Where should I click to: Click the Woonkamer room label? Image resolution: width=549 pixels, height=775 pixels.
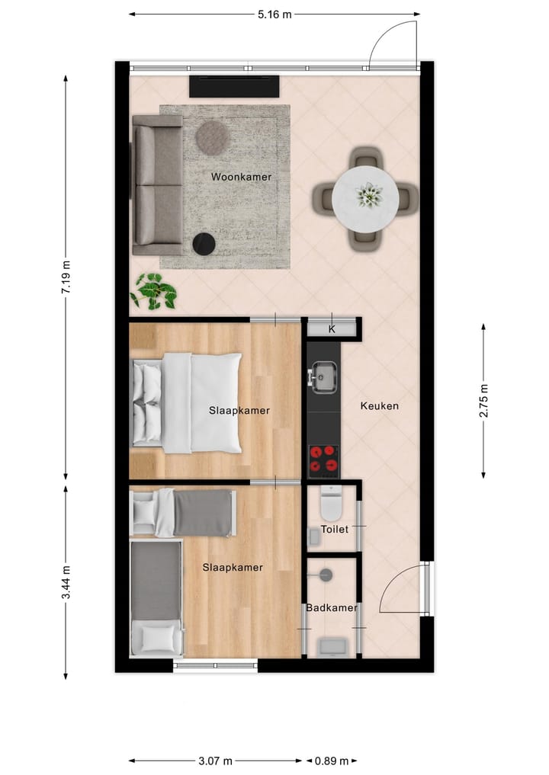tap(241, 177)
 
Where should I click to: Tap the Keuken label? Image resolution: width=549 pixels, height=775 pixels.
tap(379, 406)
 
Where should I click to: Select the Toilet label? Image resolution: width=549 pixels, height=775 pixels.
tap(334, 528)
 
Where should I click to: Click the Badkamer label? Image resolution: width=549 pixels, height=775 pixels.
tap(332, 607)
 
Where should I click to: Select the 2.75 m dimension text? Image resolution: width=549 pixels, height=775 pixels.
tap(483, 401)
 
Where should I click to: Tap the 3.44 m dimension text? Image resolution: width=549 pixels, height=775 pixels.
tap(66, 582)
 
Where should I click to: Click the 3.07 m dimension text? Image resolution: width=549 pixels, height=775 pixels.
tap(215, 761)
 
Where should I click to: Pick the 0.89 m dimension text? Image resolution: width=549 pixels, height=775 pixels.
tap(332, 761)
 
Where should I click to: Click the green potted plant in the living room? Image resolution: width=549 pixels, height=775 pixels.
tap(155, 292)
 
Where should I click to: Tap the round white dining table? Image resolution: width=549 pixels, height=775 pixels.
tap(365, 198)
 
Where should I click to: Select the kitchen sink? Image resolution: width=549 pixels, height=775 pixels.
tap(323, 376)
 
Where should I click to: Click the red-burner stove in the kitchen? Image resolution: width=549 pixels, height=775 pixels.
tap(323, 460)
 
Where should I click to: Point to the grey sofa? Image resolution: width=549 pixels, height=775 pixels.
tap(157, 185)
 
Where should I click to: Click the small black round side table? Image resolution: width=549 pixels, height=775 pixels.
tap(204, 244)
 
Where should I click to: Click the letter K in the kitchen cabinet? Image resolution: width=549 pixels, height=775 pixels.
tap(332, 329)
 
